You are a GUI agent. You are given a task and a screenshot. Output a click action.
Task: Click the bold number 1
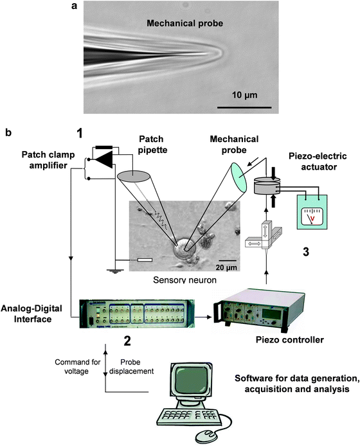[x=80, y=134]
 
